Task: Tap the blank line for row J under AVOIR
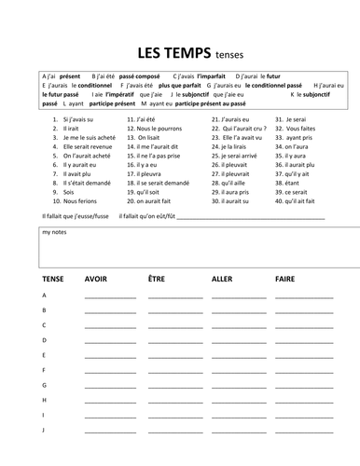click(x=110, y=432)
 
